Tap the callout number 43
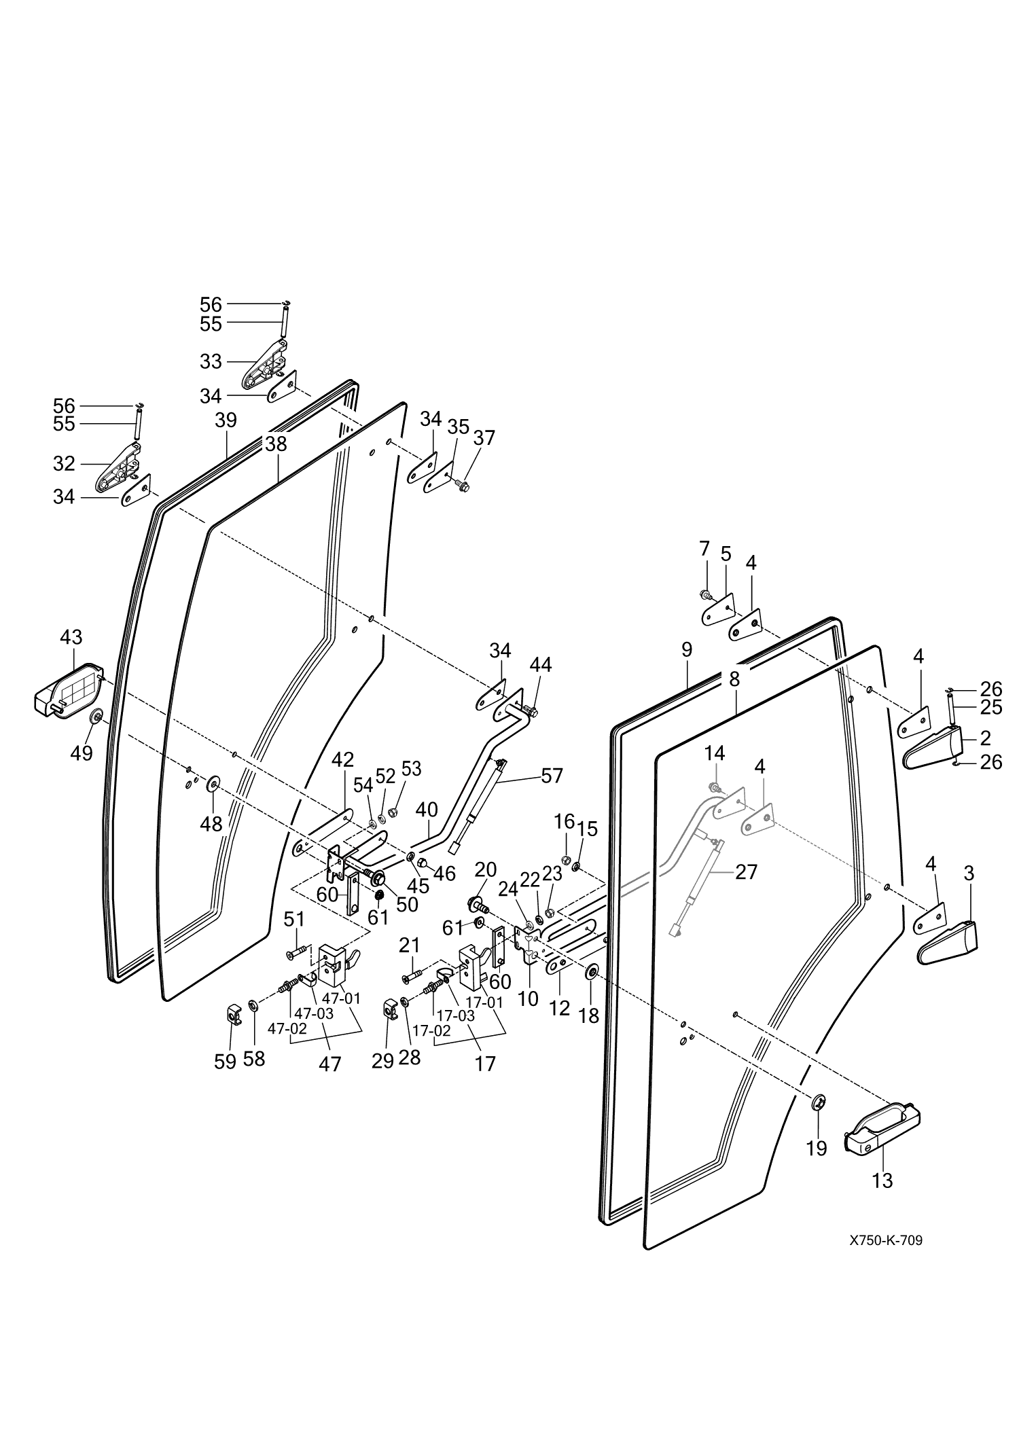(71, 637)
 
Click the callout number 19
(817, 1148)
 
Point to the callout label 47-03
(314, 1013)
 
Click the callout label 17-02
(432, 1030)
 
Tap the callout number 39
(226, 420)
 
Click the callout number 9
(686, 650)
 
